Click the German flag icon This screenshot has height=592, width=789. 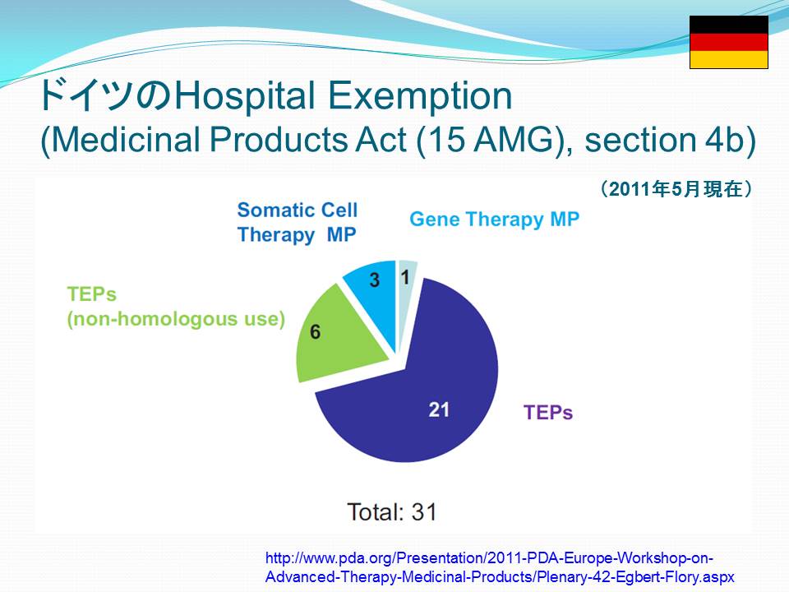pyautogui.click(x=729, y=42)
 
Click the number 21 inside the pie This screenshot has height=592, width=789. pyautogui.click(x=439, y=409)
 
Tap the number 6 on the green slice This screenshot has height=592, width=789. pyautogui.click(x=316, y=331)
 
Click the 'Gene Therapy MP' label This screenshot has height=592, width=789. pyautogui.click(x=494, y=220)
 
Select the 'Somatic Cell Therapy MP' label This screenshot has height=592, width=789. pyautogui.click(x=298, y=222)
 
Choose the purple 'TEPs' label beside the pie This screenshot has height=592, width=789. pyautogui.click(x=548, y=412)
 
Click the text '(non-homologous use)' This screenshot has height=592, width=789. pyautogui.click(x=176, y=319)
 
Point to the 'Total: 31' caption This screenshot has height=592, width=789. pyautogui.click(x=392, y=512)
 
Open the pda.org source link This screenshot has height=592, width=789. pyautogui.click(x=500, y=567)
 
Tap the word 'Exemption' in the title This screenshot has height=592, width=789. pyautogui.click(x=421, y=95)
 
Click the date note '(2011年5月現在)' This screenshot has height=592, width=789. pyautogui.click(x=676, y=189)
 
